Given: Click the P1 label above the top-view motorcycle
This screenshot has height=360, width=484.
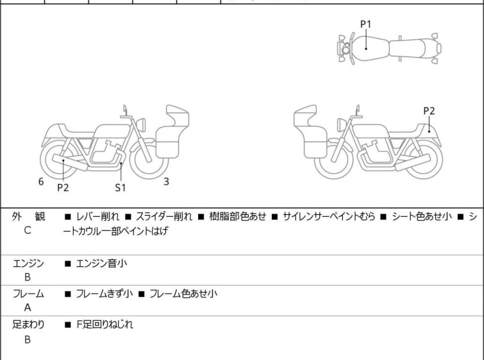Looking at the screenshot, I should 365,24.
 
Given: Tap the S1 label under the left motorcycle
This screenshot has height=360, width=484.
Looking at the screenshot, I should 121,187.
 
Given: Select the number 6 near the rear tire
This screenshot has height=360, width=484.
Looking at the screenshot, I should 41,182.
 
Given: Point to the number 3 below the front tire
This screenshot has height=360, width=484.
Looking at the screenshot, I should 166,182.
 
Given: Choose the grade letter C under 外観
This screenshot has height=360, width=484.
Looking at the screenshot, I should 28,230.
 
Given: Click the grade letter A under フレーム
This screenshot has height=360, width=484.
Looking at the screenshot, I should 28,307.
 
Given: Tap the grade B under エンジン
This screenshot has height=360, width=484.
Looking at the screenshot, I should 28,277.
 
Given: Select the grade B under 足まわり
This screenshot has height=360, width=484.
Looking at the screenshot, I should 28,339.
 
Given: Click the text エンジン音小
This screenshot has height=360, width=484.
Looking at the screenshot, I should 99,262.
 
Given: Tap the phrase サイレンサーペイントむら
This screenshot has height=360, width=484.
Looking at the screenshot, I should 328,217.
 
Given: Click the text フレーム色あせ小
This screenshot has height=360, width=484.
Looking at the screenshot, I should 183,294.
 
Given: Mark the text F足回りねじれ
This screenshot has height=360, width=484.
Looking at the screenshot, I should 104,325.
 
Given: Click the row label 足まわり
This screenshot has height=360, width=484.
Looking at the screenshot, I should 28,325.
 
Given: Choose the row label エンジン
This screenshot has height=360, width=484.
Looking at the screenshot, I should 28,262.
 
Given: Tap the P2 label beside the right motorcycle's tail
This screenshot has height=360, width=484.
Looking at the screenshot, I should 429,111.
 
